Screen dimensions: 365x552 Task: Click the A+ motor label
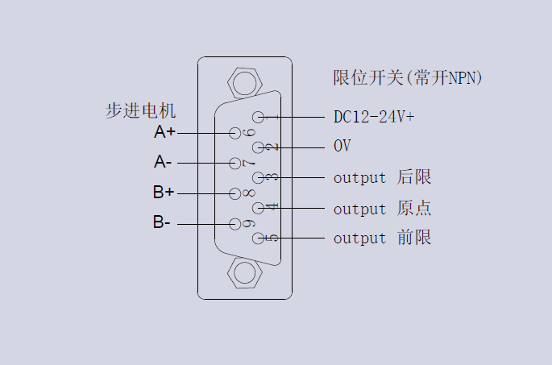(164, 131)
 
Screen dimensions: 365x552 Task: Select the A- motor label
(162, 162)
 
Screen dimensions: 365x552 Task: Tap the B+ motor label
(164, 193)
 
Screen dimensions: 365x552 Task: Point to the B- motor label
(161, 222)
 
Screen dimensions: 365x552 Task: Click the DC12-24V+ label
(374, 117)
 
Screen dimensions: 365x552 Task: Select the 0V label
(342, 147)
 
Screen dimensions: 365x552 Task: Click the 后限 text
(414, 177)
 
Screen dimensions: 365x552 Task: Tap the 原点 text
(414, 208)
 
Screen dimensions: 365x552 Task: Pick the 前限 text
(414, 238)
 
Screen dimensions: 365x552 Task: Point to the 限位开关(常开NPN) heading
(408, 78)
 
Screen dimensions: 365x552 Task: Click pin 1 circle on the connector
(258, 118)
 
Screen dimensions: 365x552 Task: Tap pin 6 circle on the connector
(235, 133)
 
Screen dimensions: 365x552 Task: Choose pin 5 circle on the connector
(258, 238)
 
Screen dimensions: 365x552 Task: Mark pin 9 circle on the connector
(235, 223)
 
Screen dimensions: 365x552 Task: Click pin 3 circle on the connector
(258, 177)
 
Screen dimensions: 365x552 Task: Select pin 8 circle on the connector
(235, 193)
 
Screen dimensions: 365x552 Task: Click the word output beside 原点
(360, 209)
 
